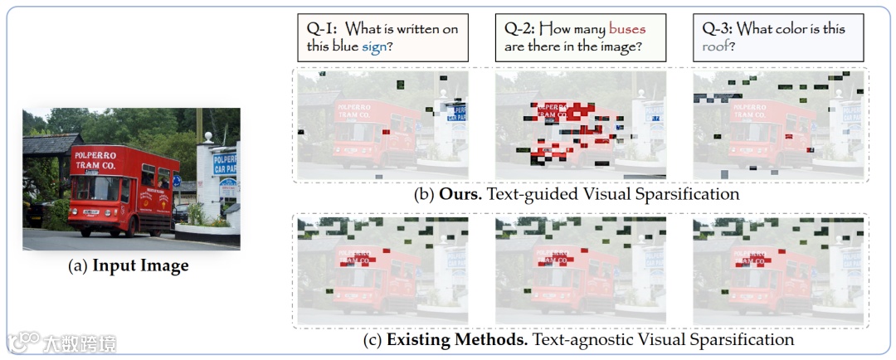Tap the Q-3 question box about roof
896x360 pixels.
(x=778, y=37)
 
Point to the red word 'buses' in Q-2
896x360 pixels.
(x=626, y=29)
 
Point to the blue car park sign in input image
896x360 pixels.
(x=224, y=163)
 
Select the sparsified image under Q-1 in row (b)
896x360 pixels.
(x=382, y=125)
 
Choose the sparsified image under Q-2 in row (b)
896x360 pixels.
(x=580, y=125)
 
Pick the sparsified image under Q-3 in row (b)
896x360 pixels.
(x=778, y=125)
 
